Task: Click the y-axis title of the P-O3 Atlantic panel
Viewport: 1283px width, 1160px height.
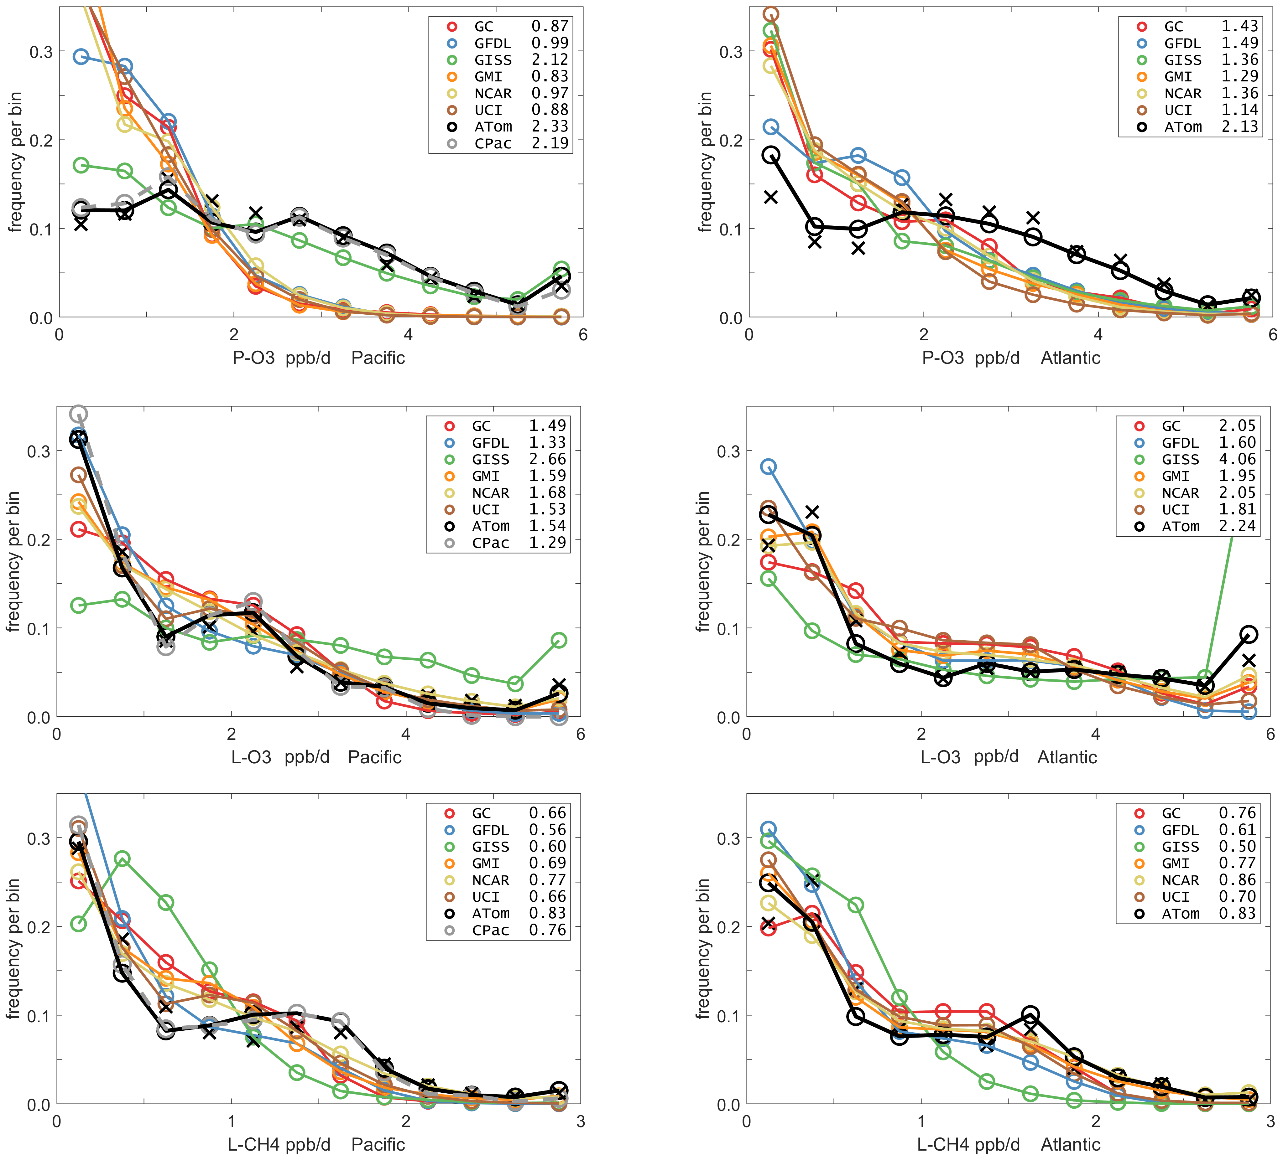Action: [x=705, y=162]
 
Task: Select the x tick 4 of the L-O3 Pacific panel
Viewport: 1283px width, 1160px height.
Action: [x=405, y=735]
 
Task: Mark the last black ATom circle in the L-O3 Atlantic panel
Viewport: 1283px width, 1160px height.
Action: [x=1249, y=634]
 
